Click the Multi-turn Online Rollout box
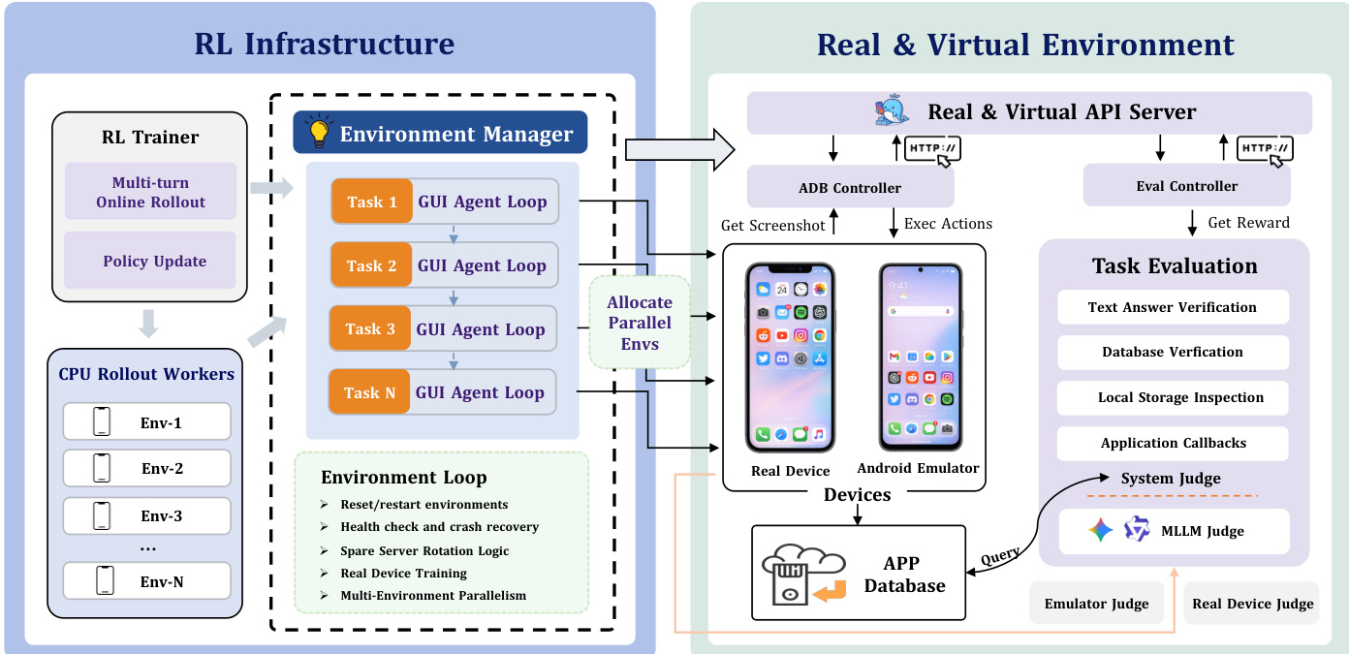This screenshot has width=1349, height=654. (x=151, y=191)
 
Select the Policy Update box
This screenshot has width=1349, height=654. (x=151, y=261)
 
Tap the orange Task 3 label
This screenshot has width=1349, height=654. (x=370, y=329)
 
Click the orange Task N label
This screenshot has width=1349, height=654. (x=369, y=392)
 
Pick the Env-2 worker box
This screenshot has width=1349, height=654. (x=147, y=469)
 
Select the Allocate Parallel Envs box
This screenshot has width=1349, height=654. (x=639, y=323)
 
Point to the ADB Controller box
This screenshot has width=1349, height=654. (x=850, y=187)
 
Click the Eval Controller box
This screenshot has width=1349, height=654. (x=1186, y=185)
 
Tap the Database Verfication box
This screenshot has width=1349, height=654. (x=1173, y=352)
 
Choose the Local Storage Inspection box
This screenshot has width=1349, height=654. (x=1173, y=397)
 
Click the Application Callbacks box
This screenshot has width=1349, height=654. (x=1173, y=443)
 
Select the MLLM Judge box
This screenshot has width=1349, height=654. (x=1173, y=531)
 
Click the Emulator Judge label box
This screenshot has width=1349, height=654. (x=1096, y=604)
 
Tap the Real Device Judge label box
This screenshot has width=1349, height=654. (x=1252, y=604)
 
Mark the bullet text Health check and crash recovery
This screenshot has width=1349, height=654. (x=439, y=527)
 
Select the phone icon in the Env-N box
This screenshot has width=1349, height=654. (x=103, y=580)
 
